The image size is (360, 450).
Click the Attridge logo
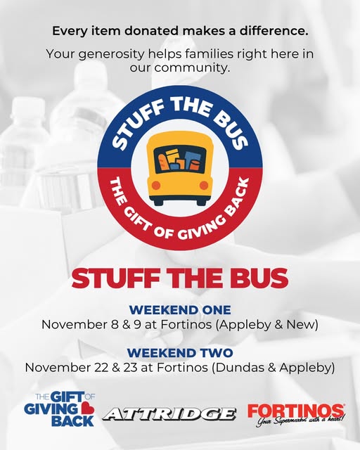point(169,414)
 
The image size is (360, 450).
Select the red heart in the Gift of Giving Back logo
point(87,409)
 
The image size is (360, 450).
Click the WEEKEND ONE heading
point(180,310)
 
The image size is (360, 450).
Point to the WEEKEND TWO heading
point(180,353)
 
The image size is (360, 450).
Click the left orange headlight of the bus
point(155,186)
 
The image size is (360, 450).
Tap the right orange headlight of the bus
point(204,186)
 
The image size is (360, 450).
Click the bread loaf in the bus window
point(162,162)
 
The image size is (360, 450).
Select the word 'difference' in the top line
point(274,31)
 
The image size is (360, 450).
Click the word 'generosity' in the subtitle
point(111,55)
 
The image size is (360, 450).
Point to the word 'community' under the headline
point(191,68)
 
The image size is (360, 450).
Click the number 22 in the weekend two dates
point(102,368)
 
